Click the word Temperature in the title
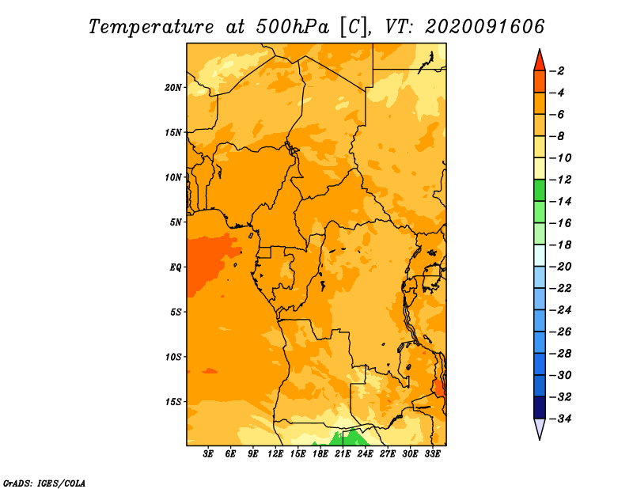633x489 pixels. [x=150, y=26]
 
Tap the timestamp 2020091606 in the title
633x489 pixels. [x=484, y=26]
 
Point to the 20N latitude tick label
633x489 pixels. [x=173, y=87]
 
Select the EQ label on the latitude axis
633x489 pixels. [x=176, y=267]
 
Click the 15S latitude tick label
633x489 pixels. [x=173, y=401]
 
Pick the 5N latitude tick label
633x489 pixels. [x=176, y=222]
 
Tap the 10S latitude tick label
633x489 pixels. [x=173, y=356]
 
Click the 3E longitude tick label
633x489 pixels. [x=209, y=454]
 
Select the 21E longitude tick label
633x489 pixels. [x=343, y=454]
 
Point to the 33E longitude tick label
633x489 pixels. [x=432, y=454]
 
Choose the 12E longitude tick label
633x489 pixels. [x=275, y=454]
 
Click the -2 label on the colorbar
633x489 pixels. [x=559, y=70]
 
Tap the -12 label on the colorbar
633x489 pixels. [x=561, y=180]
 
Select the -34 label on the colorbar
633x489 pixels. [x=561, y=418]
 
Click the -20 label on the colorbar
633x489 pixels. [x=561, y=266]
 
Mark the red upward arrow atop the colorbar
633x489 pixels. [x=539, y=59]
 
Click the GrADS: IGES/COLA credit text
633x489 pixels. [x=44, y=482]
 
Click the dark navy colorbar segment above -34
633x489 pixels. [x=539, y=407]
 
